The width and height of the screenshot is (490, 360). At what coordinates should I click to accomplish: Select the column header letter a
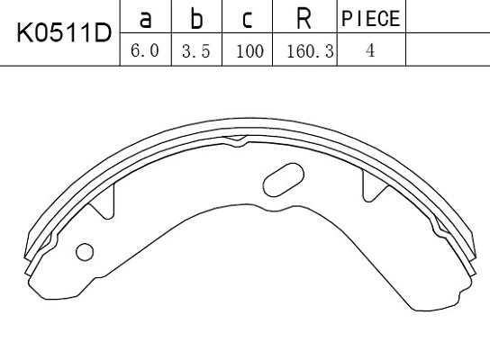144,18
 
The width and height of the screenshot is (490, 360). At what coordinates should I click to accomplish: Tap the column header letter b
195,18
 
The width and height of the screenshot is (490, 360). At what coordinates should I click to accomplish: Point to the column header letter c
248,18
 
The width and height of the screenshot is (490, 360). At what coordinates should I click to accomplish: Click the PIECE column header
370,18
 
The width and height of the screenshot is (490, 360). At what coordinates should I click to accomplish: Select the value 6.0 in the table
144,51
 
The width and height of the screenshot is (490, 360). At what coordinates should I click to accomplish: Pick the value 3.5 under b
195,51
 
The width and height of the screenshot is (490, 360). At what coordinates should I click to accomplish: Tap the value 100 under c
248,51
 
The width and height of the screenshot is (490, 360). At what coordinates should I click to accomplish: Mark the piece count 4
370,51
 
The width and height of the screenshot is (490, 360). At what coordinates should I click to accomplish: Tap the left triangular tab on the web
106,202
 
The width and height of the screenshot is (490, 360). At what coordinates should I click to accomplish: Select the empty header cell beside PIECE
448,18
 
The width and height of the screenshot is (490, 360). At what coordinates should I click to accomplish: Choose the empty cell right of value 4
448,51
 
